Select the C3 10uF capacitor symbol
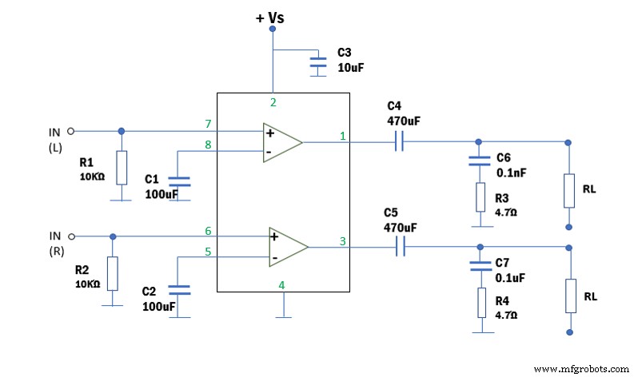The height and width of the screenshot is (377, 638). pos(318,62)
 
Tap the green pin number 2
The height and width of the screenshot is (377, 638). pos(273,101)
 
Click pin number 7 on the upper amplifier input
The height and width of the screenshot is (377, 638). pos(208,124)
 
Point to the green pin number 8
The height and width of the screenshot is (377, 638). pos(208,145)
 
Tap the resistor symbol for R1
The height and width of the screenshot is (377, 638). pos(121,168)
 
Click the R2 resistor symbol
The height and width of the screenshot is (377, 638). pos(112,273)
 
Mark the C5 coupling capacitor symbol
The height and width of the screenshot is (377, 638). pos(401,248)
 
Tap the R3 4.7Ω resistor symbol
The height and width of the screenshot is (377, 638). pos(480,197)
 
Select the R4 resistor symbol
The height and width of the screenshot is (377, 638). pos(480,303)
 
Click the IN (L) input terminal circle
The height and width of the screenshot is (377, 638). pos(70,131)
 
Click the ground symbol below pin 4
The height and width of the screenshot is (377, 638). pos(281,317)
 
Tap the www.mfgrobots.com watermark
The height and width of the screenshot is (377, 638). pos(581,368)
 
